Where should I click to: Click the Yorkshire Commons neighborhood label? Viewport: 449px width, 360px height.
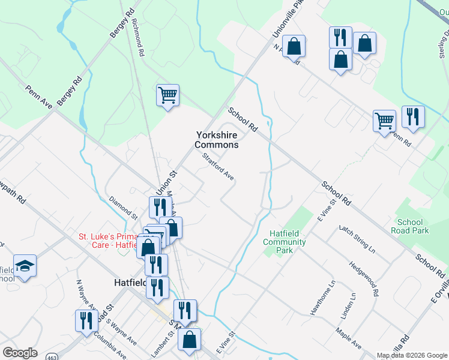[217, 140]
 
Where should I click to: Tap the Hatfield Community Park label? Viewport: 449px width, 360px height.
[285, 242]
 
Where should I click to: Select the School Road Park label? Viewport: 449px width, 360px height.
[410, 226]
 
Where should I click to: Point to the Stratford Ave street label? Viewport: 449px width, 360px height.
[218, 167]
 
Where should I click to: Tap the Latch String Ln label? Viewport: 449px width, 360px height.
[357, 239]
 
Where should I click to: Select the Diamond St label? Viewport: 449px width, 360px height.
[124, 207]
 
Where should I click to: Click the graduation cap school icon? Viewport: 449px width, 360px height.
[25, 265]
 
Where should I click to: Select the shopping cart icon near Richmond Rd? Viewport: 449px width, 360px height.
[167, 95]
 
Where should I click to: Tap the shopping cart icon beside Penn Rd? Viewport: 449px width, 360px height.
[384, 121]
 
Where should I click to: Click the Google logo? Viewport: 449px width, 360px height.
[20, 353]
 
